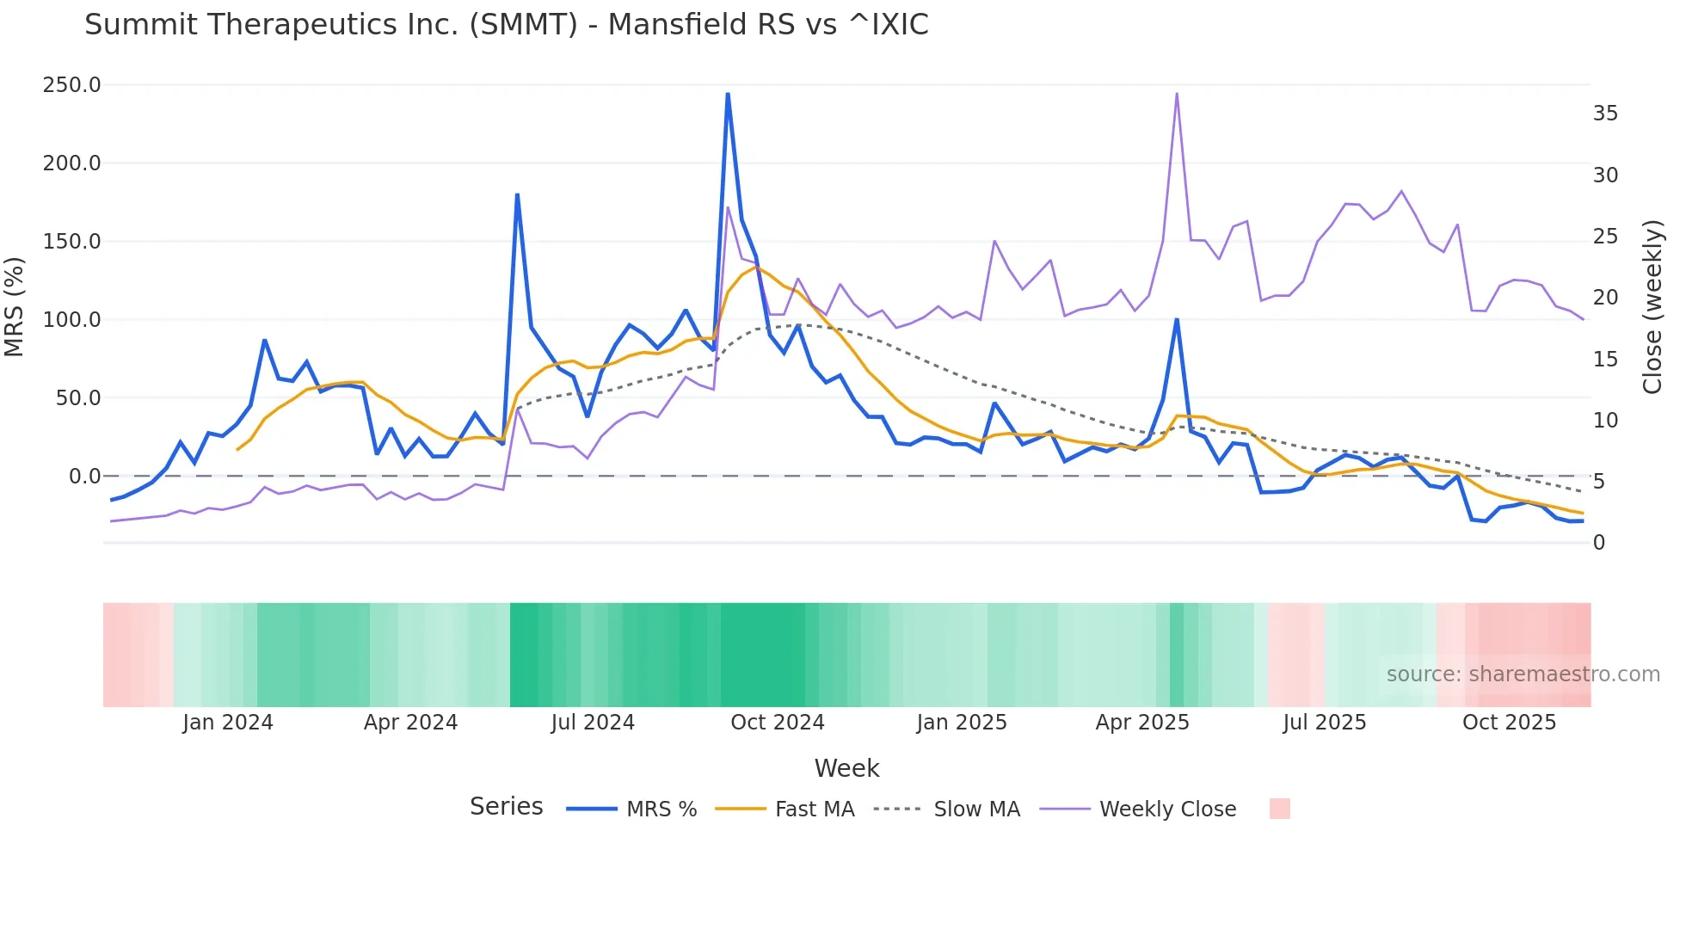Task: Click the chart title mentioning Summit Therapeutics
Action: [x=506, y=24]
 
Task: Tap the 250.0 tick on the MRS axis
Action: [x=71, y=85]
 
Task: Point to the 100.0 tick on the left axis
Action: [x=71, y=320]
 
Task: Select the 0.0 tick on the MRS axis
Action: [x=84, y=477]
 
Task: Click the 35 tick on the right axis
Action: [x=1605, y=114]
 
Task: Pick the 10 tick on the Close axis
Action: [x=1605, y=421]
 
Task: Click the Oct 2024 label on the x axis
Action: [x=777, y=723]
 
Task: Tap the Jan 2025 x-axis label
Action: [x=961, y=723]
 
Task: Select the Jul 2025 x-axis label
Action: [x=1324, y=723]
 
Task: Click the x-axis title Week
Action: [x=846, y=768]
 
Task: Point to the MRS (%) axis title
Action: [x=15, y=307]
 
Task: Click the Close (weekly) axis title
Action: [x=1652, y=307]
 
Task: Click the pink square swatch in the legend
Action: [x=1279, y=809]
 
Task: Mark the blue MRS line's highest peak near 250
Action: [x=728, y=94]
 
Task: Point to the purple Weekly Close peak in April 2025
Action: [x=1177, y=94]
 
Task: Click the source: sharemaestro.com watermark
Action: [x=1523, y=674]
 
